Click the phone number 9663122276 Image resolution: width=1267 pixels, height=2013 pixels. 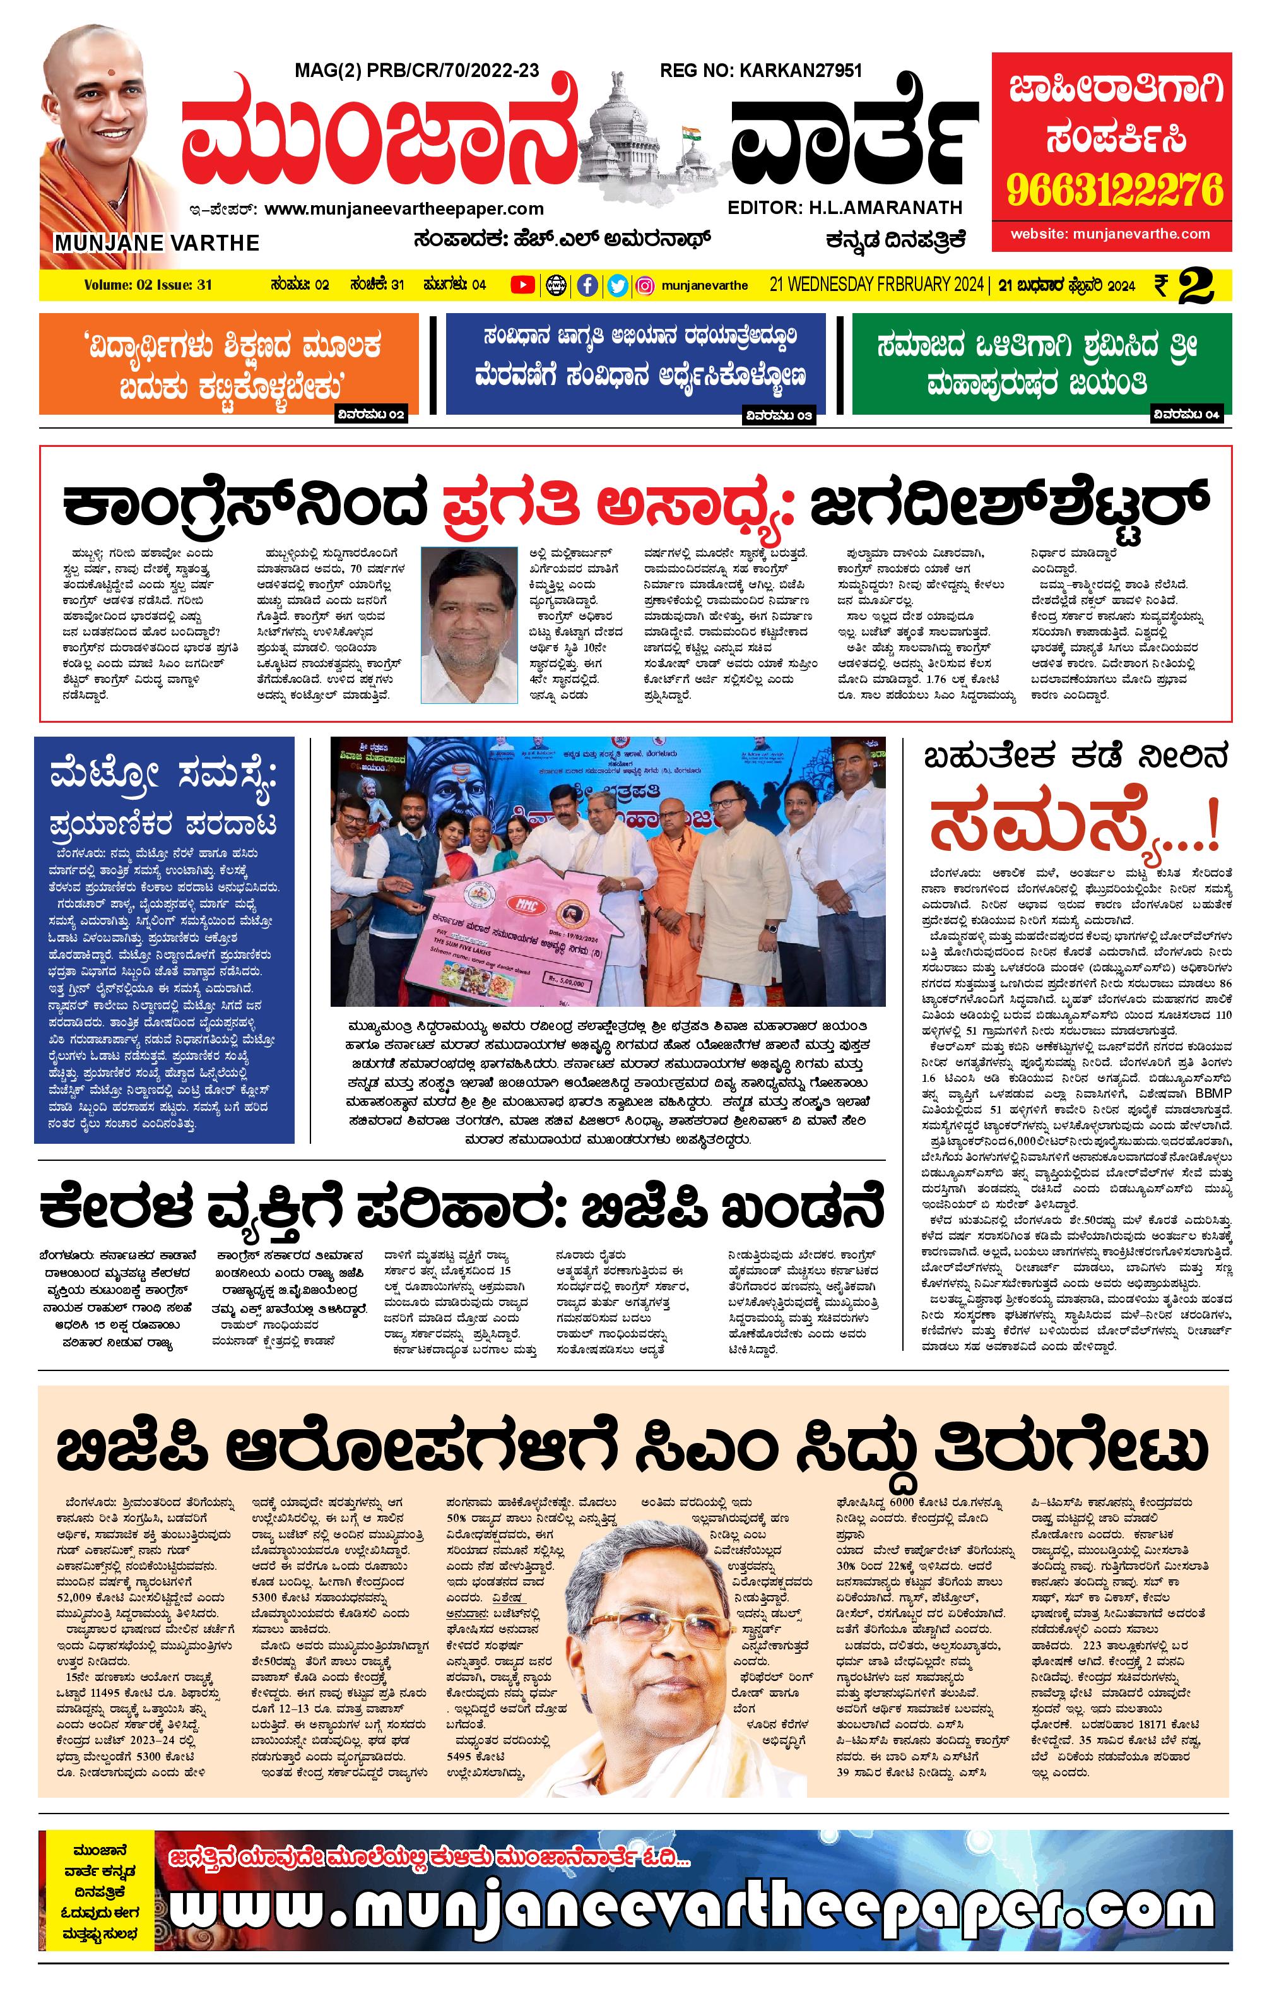pyautogui.click(x=1114, y=191)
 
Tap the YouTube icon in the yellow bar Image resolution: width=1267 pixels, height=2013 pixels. pyautogui.click(x=522, y=285)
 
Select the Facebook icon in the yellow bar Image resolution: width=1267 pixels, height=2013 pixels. pyautogui.click(x=587, y=285)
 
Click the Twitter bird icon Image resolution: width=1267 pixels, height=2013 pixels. pyautogui.click(x=617, y=285)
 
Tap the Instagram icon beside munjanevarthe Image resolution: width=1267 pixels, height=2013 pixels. pyautogui.click(x=645, y=285)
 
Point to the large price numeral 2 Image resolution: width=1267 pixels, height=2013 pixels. pyautogui.click(x=1198, y=286)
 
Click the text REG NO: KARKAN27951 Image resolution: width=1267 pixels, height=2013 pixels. pyautogui.click(x=760, y=71)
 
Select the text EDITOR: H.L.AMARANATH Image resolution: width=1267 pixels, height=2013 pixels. pyautogui.click(x=845, y=207)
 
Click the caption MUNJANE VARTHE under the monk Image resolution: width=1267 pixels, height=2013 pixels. pyautogui.click(x=157, y=243)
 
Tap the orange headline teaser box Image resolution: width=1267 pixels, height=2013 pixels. pyautogui.click(x=228, y=364)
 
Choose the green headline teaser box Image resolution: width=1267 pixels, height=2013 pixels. pyautogui.click(x=1040, y=364)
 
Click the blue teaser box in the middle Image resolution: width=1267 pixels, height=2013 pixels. pyautogui.click(x=635, y=364)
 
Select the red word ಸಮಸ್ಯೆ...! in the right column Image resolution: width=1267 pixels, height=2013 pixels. pyautogui.click(x=1074, y=822)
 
